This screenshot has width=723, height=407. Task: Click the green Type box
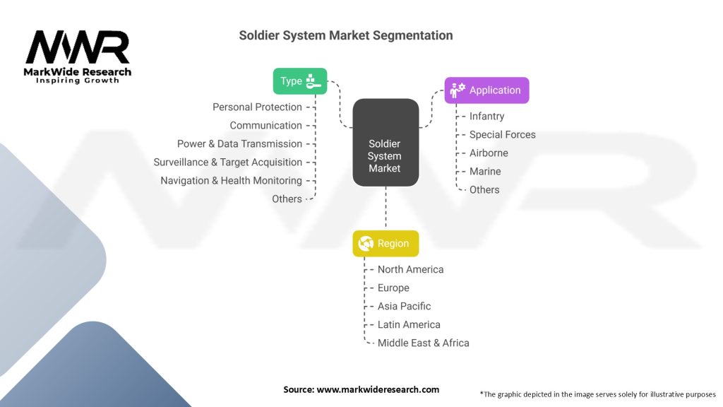click(300, 81)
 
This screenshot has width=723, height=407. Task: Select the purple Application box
click(486, 90)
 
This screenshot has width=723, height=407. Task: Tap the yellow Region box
click(386, 244)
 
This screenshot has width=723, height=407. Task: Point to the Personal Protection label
click(257, 107)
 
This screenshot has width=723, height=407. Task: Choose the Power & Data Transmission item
click(239, 144)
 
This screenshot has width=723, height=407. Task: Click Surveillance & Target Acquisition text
click(227, 163)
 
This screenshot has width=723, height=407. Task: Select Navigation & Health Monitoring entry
click(231, 181)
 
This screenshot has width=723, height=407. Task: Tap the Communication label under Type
click(265, 126)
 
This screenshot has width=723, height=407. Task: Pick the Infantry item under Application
click(486, 117)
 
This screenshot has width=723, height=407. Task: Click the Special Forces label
click(502, 135)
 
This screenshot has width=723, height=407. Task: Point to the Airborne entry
click(489, 153)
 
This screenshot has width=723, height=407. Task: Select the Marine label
click(485, 172)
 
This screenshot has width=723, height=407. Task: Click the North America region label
click(410, 270)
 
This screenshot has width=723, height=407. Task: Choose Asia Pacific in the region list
click(404, 307)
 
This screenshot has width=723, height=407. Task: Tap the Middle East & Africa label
click(423, 343)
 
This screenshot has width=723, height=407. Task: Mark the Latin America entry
click(409, 325)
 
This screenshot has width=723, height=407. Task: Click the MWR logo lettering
click(78, 48)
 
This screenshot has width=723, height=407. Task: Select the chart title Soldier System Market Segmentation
click(345, 35)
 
